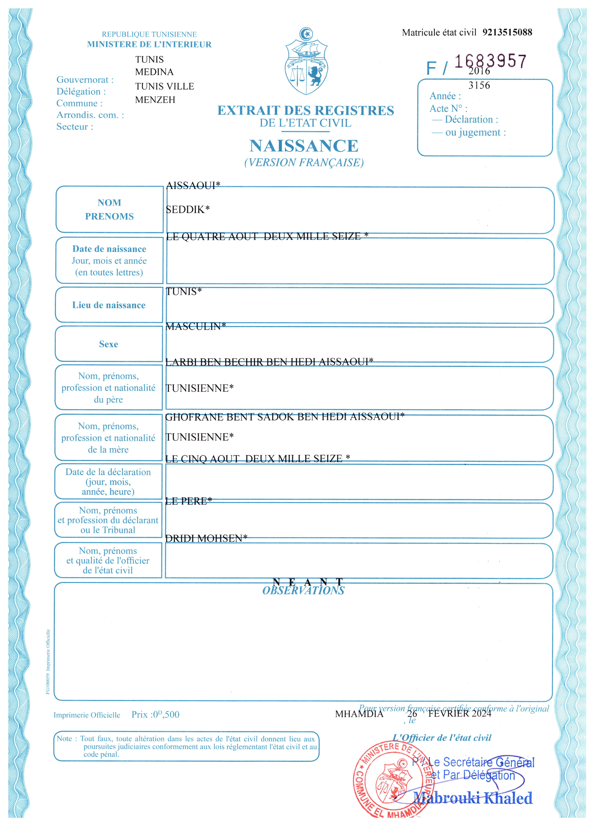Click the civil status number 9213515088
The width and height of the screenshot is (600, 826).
pyautogui.click(x=507, y=32)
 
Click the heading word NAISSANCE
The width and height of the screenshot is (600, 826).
pyautogui.click(x=304, y=146)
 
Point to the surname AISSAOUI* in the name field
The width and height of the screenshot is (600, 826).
pyautogui.click(x=193, y=186)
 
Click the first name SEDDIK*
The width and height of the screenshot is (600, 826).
pyautogui.click(x=188, y=209)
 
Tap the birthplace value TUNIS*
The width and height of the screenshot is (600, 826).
pyautogui.click(x=184, y=291)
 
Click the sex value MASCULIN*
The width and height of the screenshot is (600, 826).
pyautogui.click(x=196, y=326)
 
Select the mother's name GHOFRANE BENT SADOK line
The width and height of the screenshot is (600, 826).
pyautogui.click(x=285, y=417)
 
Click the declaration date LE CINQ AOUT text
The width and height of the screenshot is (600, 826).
pyautogui.click(x=257, y=459)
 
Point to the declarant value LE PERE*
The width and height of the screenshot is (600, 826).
pyautogui.click(x=188, y=501)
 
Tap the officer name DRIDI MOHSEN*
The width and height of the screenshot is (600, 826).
pyautogui.click(x=206, y=538)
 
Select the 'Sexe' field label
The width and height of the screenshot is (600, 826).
pyautogui.click(x=108, y=344)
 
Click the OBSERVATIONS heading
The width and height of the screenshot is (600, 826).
pyautogui.click(x=303, y=591)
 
